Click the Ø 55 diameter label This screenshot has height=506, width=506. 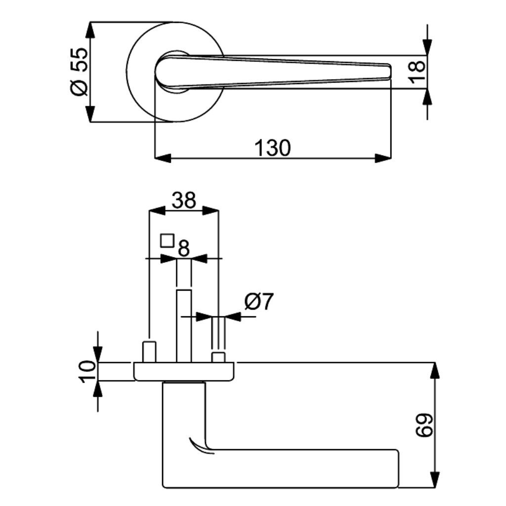[80, 72]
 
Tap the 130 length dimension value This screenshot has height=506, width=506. [272, 148]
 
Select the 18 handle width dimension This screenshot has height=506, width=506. [417, 72]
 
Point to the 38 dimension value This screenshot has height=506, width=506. [184, 200]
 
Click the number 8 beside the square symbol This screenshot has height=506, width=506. [183, 249]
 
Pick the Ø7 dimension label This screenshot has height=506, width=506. [258, 302]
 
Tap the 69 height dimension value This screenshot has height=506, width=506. [424, 424]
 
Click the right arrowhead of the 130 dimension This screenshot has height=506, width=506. [383, 158]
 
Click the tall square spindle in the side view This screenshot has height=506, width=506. [184, 326]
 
